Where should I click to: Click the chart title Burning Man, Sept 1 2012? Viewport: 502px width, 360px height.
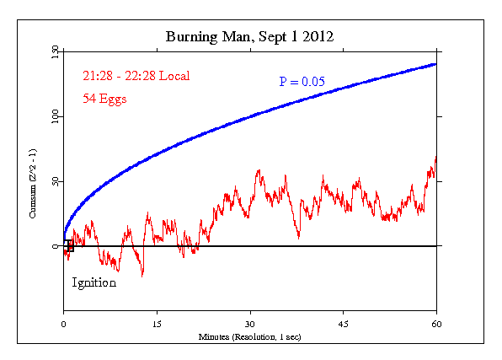(250, 37)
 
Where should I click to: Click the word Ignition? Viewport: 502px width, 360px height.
(93, 283)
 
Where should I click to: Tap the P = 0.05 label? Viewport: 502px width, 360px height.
(302, 82)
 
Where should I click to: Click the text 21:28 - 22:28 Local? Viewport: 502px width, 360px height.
(136, 76)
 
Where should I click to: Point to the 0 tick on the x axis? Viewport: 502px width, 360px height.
(63, 324)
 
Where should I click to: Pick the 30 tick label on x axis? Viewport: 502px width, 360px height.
(250, 324)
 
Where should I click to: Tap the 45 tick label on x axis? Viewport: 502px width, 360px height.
(344, 324)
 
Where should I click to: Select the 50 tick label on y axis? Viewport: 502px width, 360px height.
(55, 181)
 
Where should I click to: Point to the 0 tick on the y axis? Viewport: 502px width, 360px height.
(55, 246)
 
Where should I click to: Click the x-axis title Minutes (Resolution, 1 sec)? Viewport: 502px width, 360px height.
(250, 336)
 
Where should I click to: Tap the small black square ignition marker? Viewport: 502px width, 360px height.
(70, 247)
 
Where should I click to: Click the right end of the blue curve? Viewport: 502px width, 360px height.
(435, 64)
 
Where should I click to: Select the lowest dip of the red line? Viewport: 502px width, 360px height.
(142, 275)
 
